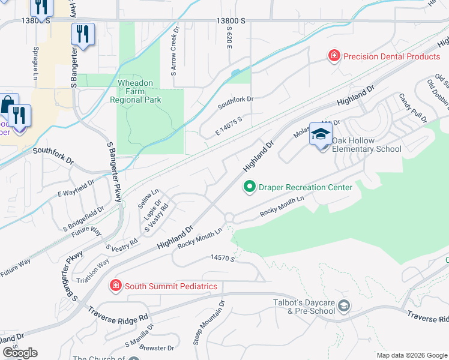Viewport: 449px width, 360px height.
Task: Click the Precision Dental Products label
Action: tap(390, 56)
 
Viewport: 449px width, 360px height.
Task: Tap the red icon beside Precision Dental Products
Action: tap(333, 56)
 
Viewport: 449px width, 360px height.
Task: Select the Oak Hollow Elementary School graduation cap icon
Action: tap(321, 134)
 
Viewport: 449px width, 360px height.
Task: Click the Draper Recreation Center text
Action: tap(305, 187)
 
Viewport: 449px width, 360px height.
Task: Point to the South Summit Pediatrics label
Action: tap(170, 286)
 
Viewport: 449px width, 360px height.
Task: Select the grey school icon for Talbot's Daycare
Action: tap(343, 307)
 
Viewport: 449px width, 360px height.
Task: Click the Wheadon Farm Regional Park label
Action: tap(136, 91)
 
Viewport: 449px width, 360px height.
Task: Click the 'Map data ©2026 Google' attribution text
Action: tap(412, 355)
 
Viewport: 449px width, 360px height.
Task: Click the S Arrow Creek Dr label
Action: tap(175, 50)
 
